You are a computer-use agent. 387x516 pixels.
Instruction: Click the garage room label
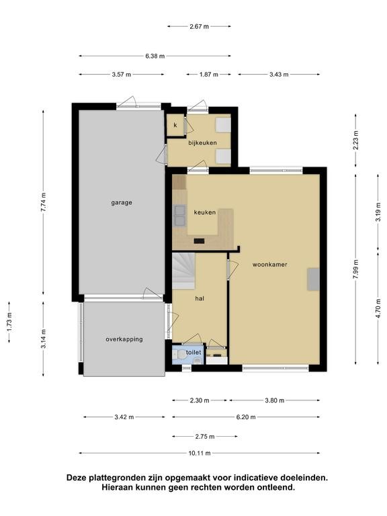(x=122, y=203)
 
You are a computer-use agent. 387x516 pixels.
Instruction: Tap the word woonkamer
(x=270, y=264)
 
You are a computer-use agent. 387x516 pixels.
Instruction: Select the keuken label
(x=205, y=212)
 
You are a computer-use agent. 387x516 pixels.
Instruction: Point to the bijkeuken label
(x=202, y=143)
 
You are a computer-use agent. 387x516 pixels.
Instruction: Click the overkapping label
(x=124, y=339)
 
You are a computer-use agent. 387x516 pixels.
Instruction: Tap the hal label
(x=200, y=298)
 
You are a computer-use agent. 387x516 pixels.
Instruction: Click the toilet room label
(x=193, y=353)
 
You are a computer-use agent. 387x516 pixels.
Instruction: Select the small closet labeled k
(x=175, y=125)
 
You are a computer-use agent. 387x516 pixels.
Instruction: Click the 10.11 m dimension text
(x=200, y=453)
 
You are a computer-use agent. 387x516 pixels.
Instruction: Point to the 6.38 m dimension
(x=155, y=56)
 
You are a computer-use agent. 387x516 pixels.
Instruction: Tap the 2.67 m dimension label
(x=199, y=27)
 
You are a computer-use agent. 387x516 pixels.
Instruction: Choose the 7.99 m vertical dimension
(x=355, y=269)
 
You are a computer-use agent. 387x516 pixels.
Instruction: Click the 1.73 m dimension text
(x=9, y=322)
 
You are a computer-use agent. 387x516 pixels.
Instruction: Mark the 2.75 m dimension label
(x=205, y=437)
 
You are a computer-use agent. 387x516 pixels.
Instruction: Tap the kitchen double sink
(x=180, y=215)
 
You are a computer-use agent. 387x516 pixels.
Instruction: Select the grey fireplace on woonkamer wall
(x=313, y=279)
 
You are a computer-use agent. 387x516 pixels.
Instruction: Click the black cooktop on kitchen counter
(x=199, y=241)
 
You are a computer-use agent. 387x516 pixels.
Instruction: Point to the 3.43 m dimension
(x=279, y=75)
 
